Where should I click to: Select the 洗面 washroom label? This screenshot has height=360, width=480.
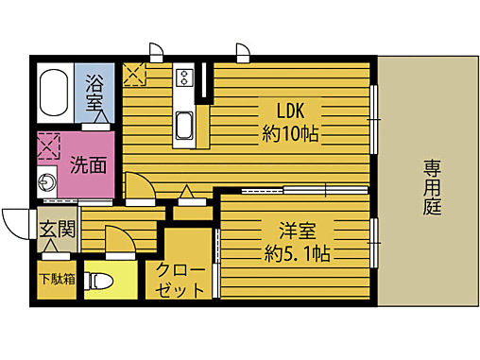89,163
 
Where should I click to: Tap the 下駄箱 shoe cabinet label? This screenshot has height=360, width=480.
56,279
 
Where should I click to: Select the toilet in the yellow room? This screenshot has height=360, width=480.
100,281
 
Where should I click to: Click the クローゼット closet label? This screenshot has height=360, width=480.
180,279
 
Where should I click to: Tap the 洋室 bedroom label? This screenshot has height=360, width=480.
296,229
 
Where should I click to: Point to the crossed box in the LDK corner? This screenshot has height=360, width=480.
132,72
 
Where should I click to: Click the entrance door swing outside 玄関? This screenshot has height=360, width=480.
17,223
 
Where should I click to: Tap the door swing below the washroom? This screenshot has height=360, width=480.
139,187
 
